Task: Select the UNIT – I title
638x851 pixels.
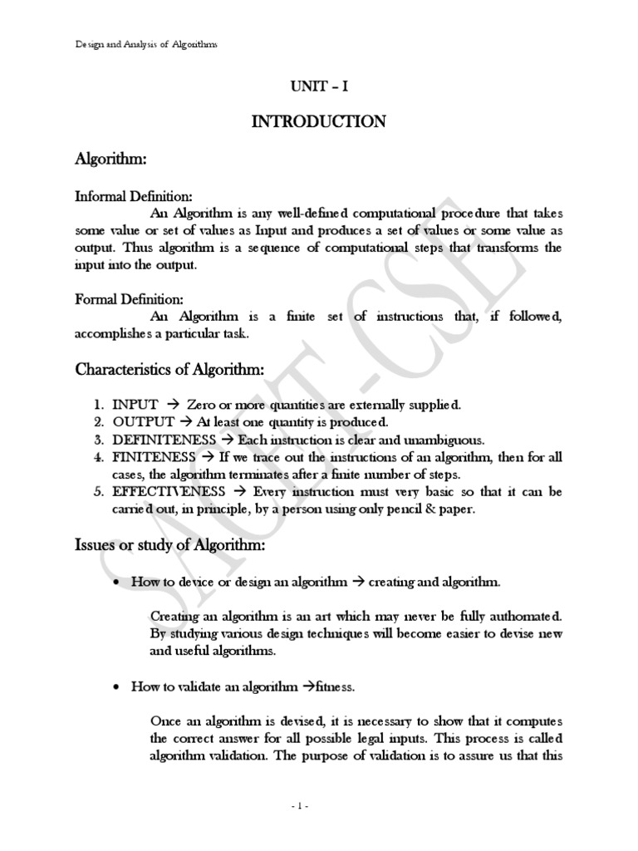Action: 320,86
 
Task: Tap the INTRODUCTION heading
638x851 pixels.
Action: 319,122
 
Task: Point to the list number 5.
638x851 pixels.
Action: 97,492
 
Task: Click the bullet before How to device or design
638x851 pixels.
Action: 115,583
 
